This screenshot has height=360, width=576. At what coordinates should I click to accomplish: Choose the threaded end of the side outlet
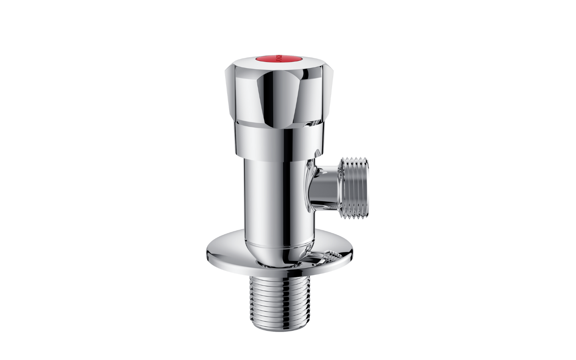point(354,188)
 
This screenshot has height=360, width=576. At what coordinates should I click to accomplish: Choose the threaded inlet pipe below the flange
point(280,300)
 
